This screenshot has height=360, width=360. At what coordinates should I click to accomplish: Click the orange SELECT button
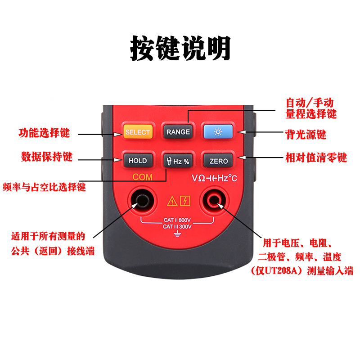click(137, 132)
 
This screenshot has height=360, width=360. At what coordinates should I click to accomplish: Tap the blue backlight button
click(218, 132)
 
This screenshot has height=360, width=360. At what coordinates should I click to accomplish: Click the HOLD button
click(138, 161)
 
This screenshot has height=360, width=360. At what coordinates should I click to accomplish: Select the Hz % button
click(177, 161)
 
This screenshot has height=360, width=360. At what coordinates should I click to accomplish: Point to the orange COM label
click(142, 177)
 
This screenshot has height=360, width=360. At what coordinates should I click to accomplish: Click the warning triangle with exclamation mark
click(172, 201)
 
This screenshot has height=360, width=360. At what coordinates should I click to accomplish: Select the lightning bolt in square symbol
click(184, 201)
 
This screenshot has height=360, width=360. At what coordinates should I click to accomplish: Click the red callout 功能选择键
click(44, 133)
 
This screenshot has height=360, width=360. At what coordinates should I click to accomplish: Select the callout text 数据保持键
click(47, 157)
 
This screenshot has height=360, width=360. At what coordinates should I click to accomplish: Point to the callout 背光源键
click(306, 134)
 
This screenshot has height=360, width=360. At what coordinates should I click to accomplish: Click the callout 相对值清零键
click(317, 157)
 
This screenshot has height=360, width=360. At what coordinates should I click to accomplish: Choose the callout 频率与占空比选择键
click(44, 186)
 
